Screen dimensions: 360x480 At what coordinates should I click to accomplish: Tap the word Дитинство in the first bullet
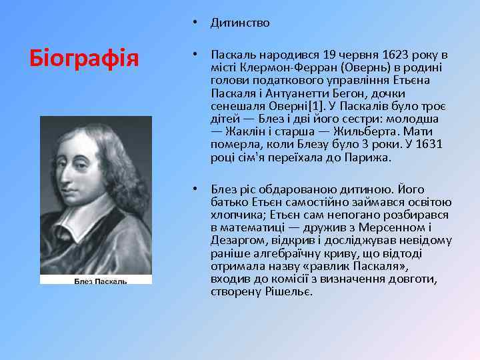(240, 23)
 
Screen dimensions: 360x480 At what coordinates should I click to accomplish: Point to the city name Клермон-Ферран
(282, 67)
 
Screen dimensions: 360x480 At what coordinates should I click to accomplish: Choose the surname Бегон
(322, 93)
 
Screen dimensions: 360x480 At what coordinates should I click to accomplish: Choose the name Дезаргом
(235, 241)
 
